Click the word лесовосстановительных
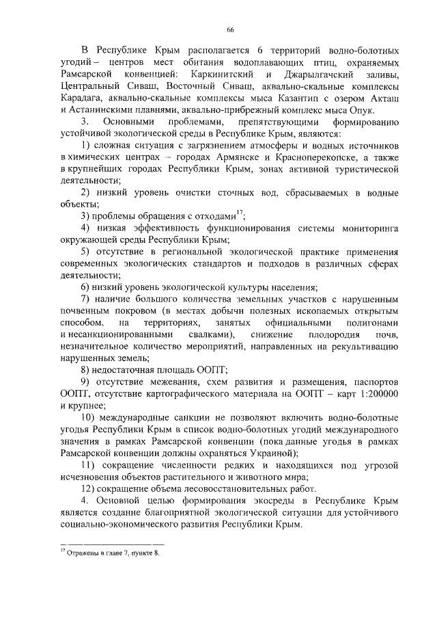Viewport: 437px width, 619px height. point(251,489)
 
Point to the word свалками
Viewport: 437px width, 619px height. point(210,334)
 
